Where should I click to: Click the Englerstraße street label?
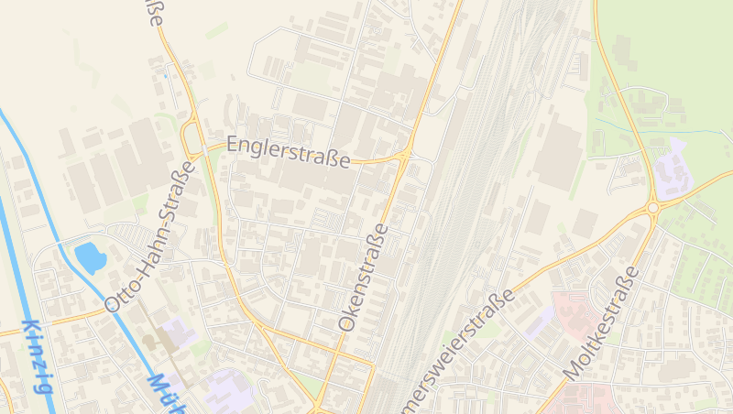tap(288, 152)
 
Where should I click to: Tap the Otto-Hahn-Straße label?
tap(151, 236)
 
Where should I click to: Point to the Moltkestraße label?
tap(601, 324)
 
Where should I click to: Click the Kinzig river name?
tap(36, 356)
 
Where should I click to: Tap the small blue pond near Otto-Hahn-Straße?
tap(91, 256)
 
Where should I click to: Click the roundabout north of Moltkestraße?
tap(652, 209)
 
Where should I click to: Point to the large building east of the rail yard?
tap(558, 156)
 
